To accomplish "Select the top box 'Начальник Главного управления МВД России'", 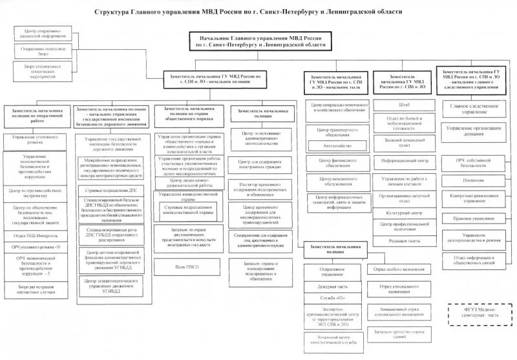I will tap(259, 42).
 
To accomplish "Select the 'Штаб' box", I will tap(405, 103).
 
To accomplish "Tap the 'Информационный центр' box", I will tap(405, 159).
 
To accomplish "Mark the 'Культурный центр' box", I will tap(405, 211).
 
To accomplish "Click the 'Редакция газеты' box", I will tap(405, 240).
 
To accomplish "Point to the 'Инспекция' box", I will tap(474, 180).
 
